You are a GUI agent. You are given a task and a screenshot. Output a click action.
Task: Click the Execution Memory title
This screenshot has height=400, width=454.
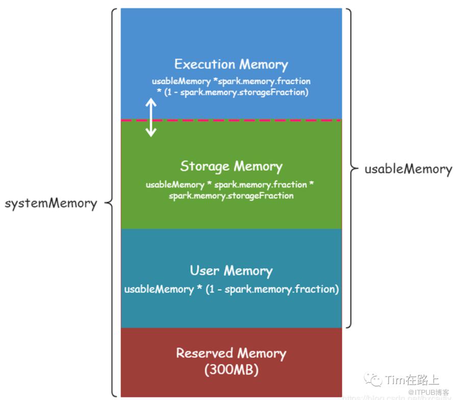click(231, 64)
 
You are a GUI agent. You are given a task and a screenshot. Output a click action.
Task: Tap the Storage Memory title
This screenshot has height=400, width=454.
click(231, 166)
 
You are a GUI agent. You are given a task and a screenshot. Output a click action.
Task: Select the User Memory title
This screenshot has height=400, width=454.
click(231, 270)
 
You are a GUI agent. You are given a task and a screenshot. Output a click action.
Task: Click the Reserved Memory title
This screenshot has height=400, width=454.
click(231, 353)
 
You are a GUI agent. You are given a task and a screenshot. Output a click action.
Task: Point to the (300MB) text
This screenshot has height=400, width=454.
click(231, 370)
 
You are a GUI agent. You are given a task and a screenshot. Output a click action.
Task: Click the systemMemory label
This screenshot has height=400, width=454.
click(51, 203)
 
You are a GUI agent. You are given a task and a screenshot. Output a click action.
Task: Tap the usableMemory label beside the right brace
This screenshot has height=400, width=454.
click(408, 169)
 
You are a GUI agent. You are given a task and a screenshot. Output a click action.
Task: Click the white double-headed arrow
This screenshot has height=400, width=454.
click(150, 118)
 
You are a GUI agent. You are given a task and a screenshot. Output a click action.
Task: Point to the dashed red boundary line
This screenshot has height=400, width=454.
click(255, 120)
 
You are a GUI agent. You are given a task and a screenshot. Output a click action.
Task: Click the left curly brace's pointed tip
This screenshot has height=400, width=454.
click(106, 203)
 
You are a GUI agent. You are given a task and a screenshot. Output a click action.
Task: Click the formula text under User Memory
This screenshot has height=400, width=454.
click(231, 289)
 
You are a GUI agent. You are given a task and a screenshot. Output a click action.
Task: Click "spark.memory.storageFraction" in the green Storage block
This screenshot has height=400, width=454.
click(231, 196)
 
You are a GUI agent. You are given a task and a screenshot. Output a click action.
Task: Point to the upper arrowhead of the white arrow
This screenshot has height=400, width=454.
click(150, 101)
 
